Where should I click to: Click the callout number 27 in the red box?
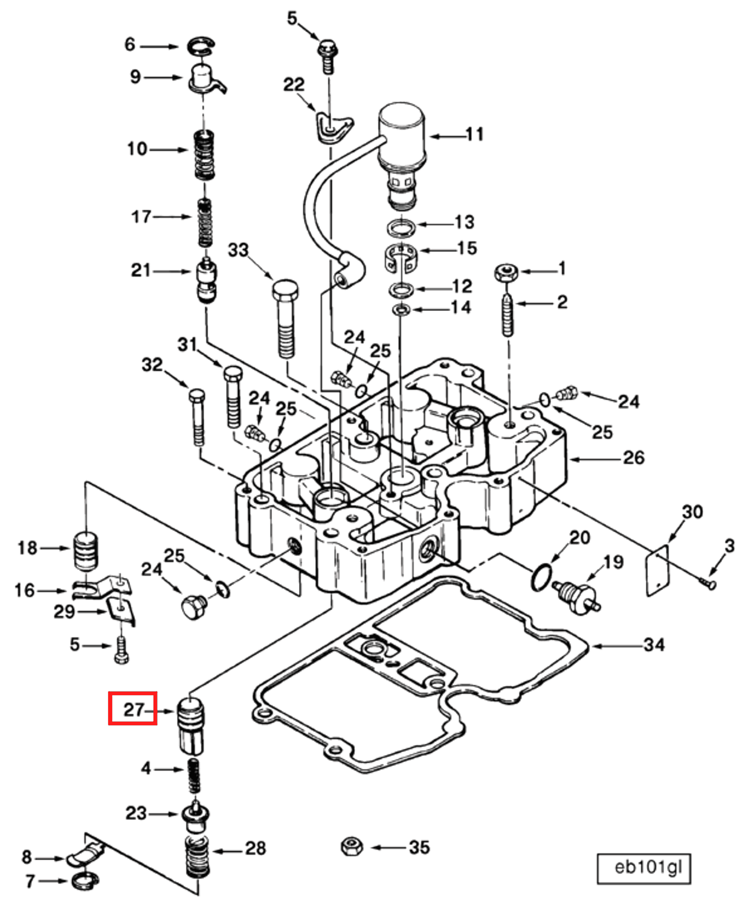tap(133, 710)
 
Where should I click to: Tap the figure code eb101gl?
tap(648, 868)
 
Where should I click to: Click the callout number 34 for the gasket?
tap(653, 645)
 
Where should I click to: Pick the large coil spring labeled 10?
tap(204, 155)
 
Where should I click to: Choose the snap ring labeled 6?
tap(201, 47)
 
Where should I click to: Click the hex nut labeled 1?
tap(506, 272)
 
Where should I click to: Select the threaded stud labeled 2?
tap(507, 314)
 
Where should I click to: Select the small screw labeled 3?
tap(709, 584)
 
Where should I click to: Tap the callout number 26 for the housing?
tap(633, 458)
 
